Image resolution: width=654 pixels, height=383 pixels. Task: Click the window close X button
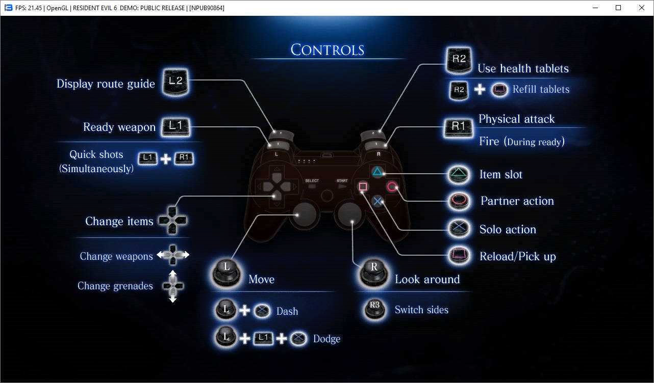(x=642, y=8)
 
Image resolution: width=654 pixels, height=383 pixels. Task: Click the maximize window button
(x=618, y=8)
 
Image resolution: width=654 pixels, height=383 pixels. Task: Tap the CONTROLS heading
(x=328, y=50)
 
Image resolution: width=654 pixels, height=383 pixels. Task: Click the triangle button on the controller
(x=376, y=172)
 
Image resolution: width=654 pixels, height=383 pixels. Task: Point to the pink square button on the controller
(x=363, y=187)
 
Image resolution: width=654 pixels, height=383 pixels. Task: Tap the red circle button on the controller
(x=392, y=186)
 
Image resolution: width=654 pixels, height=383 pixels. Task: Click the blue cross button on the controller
(x=378, y=201)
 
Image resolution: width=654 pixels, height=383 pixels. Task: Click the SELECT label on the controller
(x=312, y=181)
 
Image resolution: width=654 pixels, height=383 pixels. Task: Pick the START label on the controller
(x=342, y=181)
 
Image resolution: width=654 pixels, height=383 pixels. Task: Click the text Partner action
(x=517, y=201)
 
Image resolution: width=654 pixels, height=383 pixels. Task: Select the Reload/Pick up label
(x=517, y=256)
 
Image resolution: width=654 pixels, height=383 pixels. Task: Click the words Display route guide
(x=106, y=84)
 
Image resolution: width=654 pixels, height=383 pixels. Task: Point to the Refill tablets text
(x=541, y=90)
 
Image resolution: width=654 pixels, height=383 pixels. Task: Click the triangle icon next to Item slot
(x=459, y=174)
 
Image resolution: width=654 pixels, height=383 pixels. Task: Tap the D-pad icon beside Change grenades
(x=172, y=286)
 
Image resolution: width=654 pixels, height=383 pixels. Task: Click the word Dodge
(x=326, y=339)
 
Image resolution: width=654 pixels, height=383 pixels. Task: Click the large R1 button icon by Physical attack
(x=459, y=127)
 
